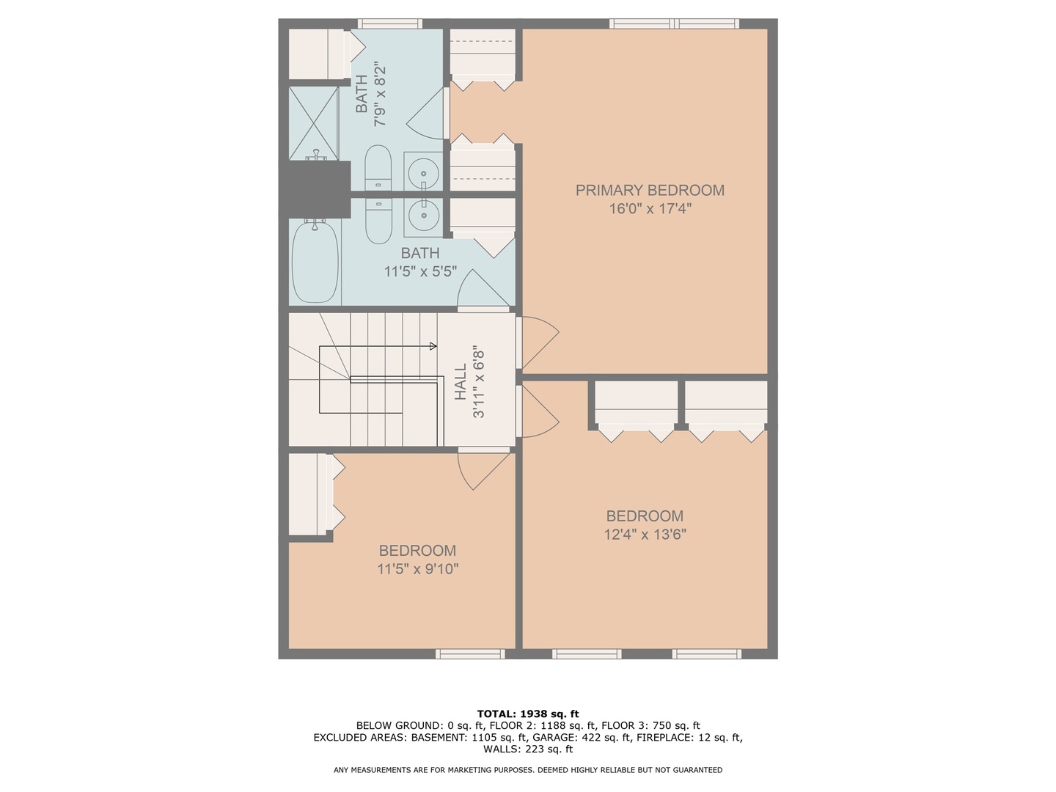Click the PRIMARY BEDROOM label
650,191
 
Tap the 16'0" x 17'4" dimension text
650,209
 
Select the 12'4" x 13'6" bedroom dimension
645,535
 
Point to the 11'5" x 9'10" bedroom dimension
417,569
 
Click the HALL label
461,382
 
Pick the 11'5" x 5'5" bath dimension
420,271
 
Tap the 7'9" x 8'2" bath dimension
380,94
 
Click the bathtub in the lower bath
315,262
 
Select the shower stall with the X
313,122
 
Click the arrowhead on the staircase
433,346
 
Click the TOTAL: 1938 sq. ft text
527,714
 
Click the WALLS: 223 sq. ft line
527,749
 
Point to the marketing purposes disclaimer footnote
527,770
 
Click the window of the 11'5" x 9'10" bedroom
470,653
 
